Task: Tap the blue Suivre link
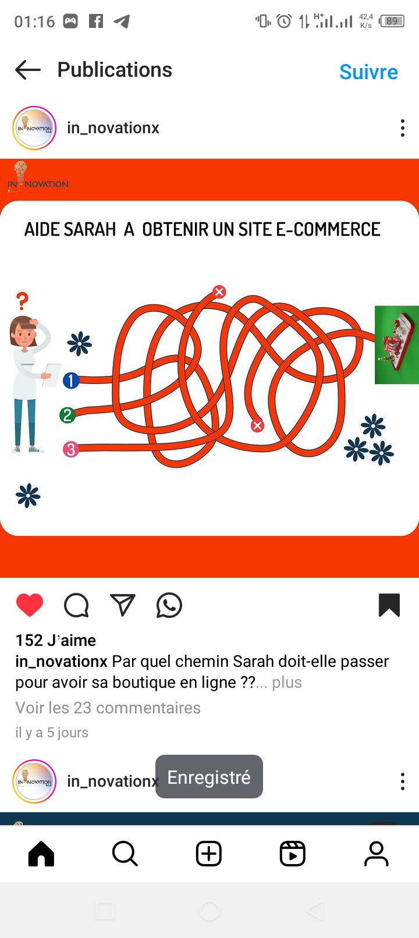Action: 368,72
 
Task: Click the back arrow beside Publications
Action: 28,69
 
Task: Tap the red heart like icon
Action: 30,605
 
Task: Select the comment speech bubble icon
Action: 76,605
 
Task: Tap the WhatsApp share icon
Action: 169,605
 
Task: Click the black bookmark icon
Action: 389,605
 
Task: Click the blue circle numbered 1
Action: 71,380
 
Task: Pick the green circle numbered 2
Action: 68,415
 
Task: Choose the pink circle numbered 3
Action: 71,449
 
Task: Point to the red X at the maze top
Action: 219,292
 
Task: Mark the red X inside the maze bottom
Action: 257,426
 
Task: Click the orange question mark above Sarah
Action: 23,301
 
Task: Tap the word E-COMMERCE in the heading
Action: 328,229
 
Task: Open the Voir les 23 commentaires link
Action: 108,708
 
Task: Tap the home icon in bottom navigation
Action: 41,854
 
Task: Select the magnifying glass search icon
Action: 125,854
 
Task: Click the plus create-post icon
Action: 209,854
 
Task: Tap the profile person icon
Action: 377,854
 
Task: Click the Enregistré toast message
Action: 209,777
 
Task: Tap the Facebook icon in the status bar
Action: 96,21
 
